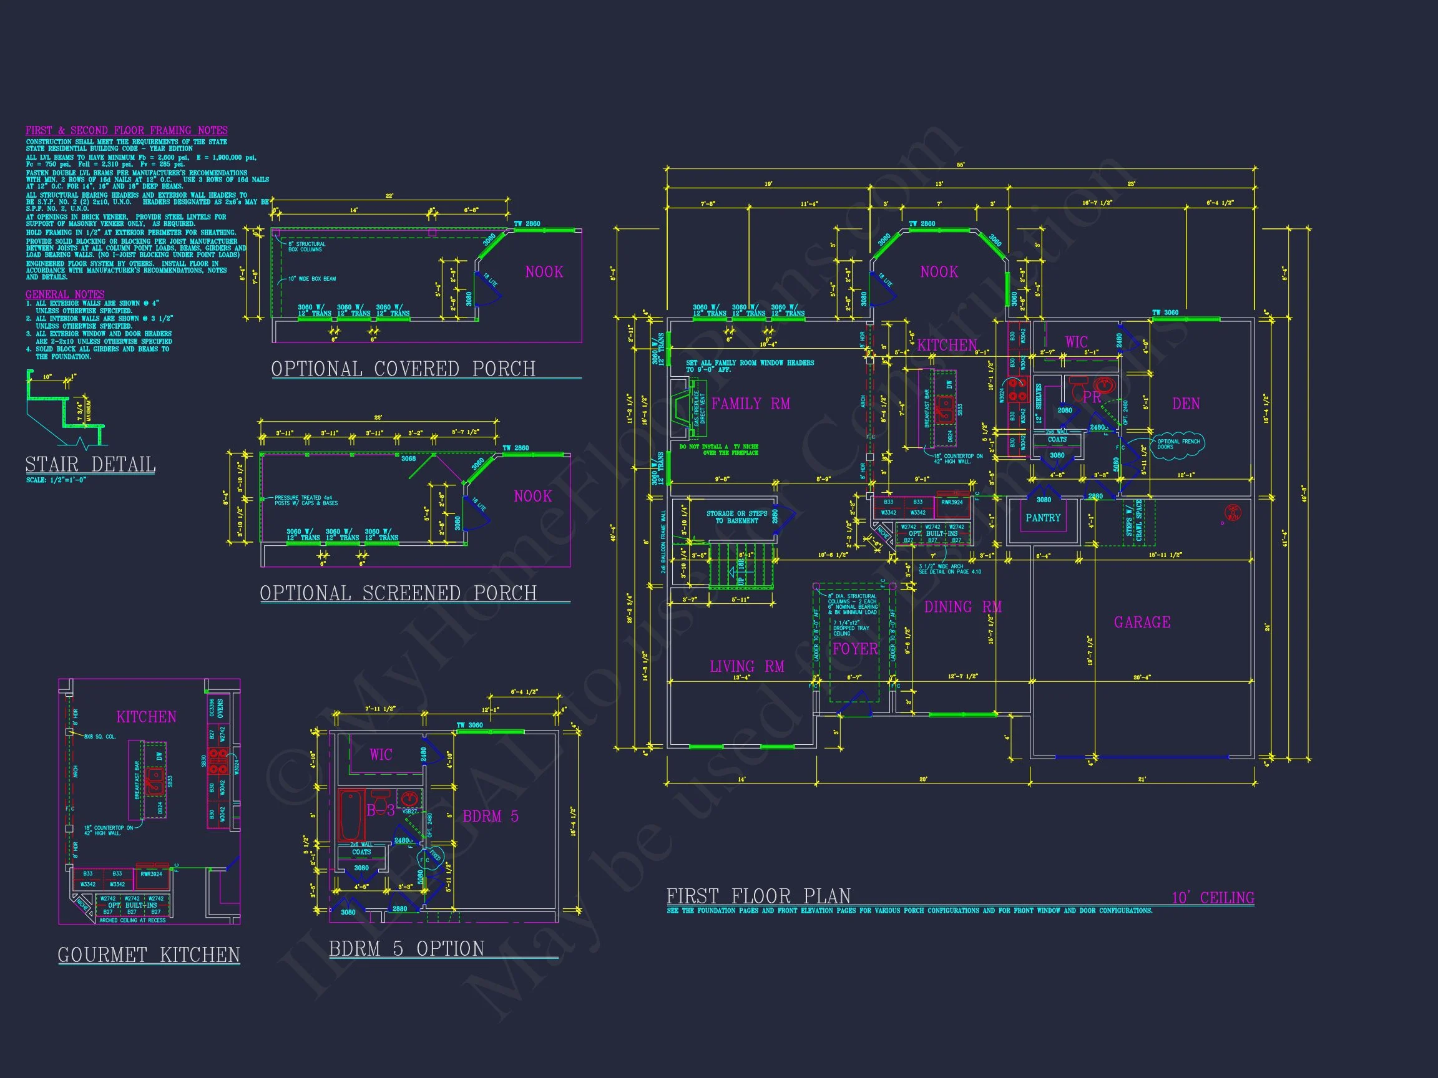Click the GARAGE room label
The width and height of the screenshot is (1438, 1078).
pyautogui.click(x=1142, y=623)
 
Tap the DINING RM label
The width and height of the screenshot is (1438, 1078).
pyautogui.click(x=963, y=607)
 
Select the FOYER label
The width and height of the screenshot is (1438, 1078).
pyautogui.click(x=855, y=649)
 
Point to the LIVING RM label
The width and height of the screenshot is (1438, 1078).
pyautogui.click(x=747, y=667)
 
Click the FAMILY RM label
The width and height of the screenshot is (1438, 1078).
pyautogui.click(x=751, y=404)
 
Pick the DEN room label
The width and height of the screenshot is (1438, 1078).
pyautogui.click(x=1186, y=404)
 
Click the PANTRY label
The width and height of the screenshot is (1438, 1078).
pyautogui.click(x=1043, y=518)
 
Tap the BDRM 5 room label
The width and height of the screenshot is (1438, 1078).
pyautogui.click(x=490, y=817)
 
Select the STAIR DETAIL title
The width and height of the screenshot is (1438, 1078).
pyautogui.click(x=90, y=465)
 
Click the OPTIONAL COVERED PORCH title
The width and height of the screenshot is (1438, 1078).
pyautogui.click(x=403, y=369)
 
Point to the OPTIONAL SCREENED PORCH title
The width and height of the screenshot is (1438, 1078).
pyautogui.click(x=398, y=593)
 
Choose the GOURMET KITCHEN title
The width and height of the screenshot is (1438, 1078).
pyautogui.click(x=149, y=954)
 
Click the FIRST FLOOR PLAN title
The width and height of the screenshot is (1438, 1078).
pyautogui.click(x=758, y=896)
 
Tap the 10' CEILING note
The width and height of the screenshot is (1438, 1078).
pyautogui.click(x=1213, y=898)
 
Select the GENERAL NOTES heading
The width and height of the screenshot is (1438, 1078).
pyautogui.click(x=65, y=294)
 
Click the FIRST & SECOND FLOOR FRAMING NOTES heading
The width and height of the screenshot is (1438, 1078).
pyautogui.click(x=127, y=130)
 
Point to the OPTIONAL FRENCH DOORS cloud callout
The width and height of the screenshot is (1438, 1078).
pyautogui.click(x=1177, y=444)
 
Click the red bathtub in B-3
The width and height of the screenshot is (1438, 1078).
pyautogui.click(x=351, y=816)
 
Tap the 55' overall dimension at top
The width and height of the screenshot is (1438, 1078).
pyautogui.click(x=961, y=165)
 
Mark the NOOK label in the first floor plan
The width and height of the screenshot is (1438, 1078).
pyautogui.click(x=939, y=271)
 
